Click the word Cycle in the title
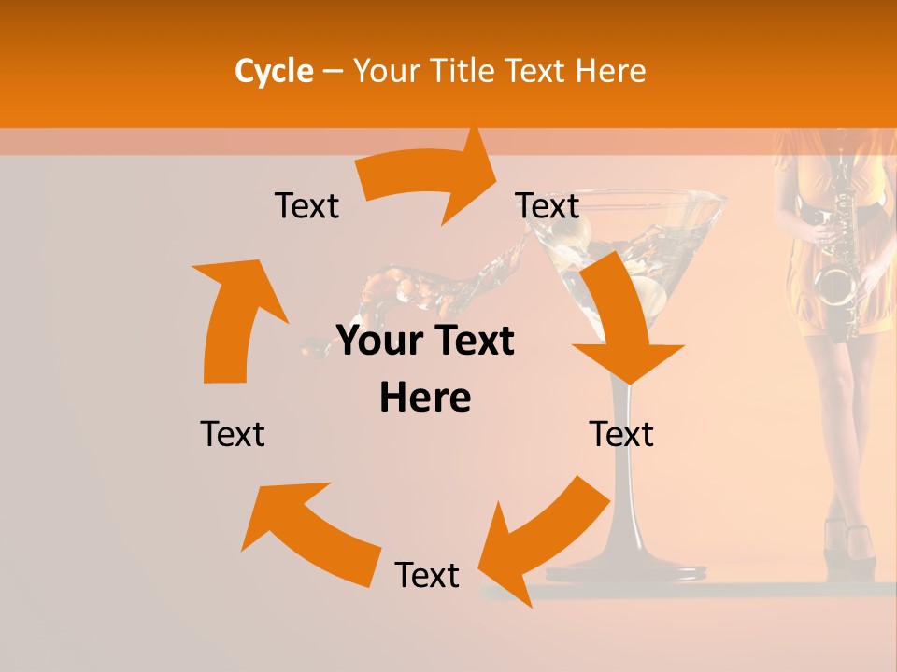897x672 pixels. click(x=274, y=71)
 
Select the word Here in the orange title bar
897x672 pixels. click(x=607, y=71)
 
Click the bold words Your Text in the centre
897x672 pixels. click(x=425, y=342)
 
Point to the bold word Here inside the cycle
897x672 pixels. click(x=425, y=398)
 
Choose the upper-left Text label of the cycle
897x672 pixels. click(x=306, y=206)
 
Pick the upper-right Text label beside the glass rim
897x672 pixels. click(x=548, y=206)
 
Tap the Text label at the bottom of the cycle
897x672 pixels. click(x=427, y=575)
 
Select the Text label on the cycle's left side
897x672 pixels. click(x=233, y=434)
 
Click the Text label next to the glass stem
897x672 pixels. click(x=621, y=434)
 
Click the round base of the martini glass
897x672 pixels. click(x=626, y=565)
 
